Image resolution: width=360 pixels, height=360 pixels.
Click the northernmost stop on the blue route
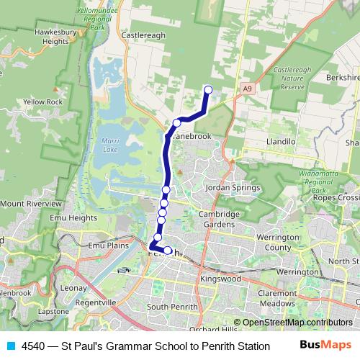click(x=209, y=90)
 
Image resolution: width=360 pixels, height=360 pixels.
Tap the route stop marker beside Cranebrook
click(x=176, y=123)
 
